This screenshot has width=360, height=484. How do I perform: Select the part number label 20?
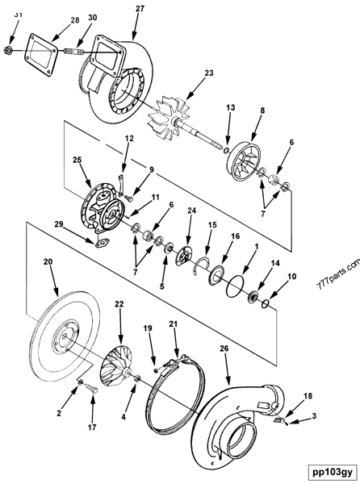click(x=48, y=262)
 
